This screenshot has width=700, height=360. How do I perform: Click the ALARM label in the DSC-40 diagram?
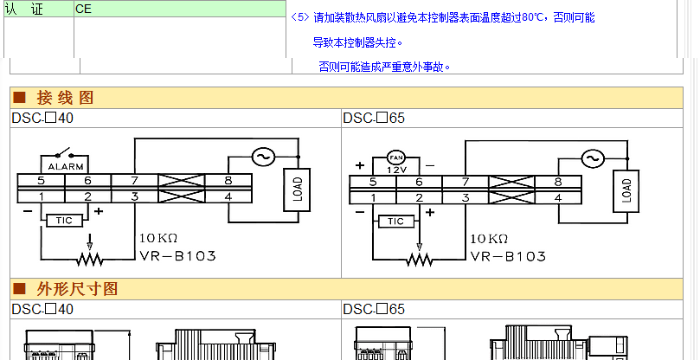click(65, 167)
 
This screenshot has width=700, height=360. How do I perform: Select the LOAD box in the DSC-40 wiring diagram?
click(297, 190)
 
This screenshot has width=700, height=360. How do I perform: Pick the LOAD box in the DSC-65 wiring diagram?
click(626, 190)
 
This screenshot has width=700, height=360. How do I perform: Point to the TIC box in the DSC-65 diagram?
click(396, 221)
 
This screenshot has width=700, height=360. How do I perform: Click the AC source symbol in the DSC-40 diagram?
click(263, 157)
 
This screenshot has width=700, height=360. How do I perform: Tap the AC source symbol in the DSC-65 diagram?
click(593, 158)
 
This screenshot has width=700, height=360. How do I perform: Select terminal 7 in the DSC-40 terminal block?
click(134, 181)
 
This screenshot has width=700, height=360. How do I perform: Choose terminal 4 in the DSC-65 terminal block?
click(558, 198)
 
